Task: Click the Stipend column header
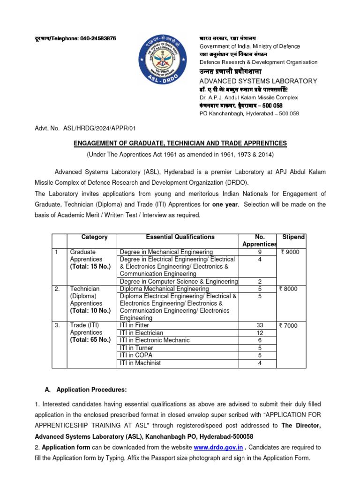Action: point(293,237)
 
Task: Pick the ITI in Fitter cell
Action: point(135,325)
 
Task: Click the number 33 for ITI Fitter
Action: point(260,325)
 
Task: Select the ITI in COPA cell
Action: point(136,355)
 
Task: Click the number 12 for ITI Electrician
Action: point(260,333)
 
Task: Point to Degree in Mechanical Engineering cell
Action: point(166,252)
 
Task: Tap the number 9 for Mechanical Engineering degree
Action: point(260,252)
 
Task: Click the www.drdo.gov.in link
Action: point(218,447)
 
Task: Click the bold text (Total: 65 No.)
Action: point(90,340)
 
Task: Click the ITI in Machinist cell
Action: point(140,363)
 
